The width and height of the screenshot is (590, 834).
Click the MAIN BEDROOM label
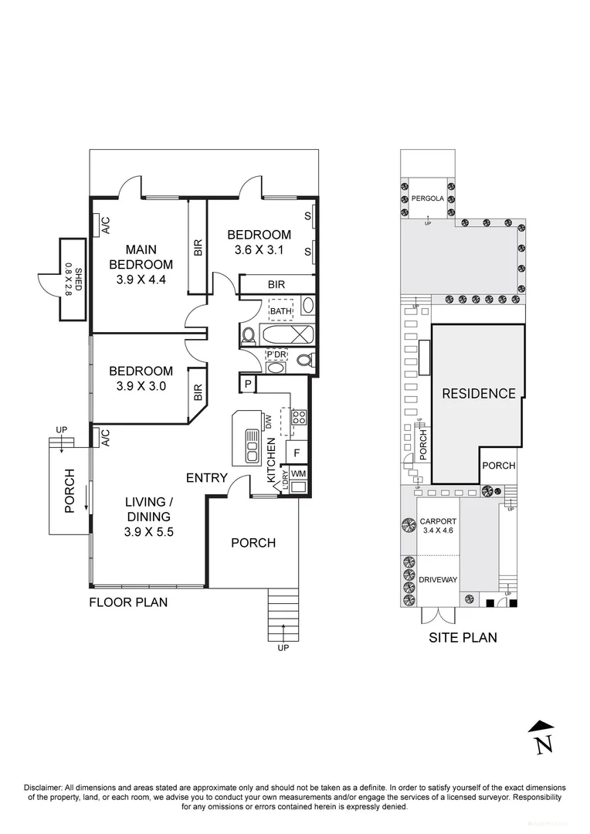point(140,257)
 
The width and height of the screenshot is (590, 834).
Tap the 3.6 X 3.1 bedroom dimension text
point(259,249)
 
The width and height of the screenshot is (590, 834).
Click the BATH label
point(280,311)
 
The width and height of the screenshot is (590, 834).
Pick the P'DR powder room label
point(276,354)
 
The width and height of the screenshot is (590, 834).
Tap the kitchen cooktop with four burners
point(298,418)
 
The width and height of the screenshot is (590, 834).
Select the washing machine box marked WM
point(298,473)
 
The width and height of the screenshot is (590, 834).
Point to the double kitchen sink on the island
point(253,446)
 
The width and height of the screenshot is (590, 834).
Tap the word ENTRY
point(206,478)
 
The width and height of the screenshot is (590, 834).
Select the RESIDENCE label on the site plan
point(478,394)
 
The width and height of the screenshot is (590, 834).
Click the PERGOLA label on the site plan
point(429,198)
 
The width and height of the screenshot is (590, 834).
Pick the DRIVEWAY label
point(437,580)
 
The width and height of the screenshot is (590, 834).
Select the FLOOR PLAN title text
point(127,602)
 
